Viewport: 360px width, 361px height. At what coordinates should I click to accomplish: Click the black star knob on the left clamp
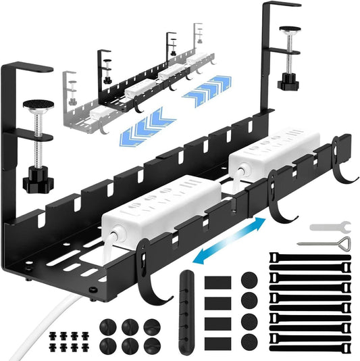(34, 180)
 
